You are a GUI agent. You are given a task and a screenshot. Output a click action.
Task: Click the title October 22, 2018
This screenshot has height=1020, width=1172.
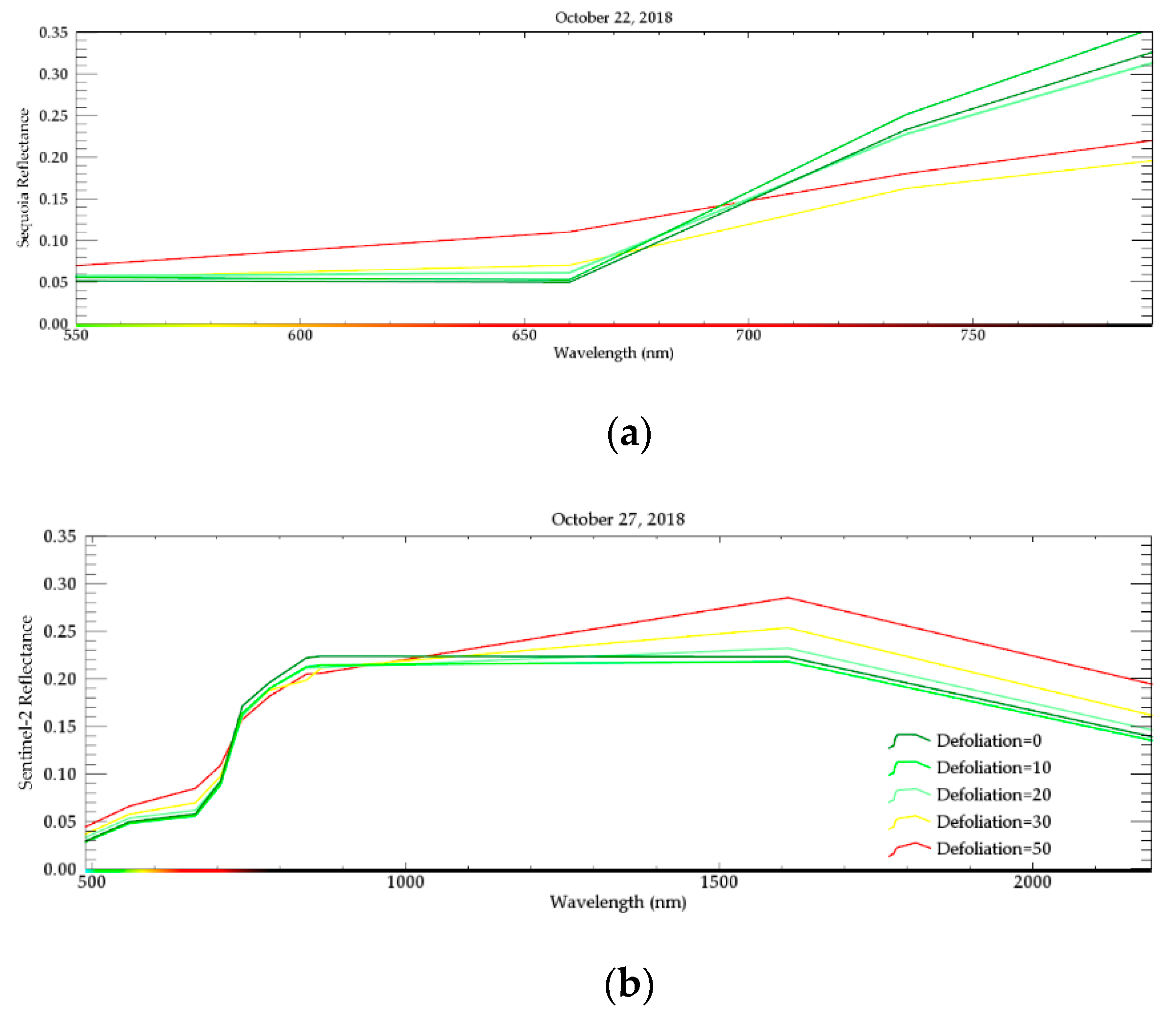pos(613,18)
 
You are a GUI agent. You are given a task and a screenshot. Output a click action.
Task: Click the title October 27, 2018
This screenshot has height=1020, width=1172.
pos(618,519)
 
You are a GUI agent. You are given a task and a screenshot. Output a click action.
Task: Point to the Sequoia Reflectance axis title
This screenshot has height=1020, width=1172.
pos(23,178)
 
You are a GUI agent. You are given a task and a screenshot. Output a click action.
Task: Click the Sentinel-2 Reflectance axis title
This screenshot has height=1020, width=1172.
pos(25,702)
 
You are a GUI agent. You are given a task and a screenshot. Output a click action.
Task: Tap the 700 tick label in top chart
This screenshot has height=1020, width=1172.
pos(748,336)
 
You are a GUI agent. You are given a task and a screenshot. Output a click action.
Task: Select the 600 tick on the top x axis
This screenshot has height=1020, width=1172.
pos(300,336)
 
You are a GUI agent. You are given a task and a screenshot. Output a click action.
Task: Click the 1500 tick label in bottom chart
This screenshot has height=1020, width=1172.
pos(719,882)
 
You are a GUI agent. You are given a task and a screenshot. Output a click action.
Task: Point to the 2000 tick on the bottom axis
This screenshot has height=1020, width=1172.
pos(1032,882)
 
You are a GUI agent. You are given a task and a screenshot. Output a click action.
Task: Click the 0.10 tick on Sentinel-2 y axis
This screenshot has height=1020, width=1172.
pos(59,774)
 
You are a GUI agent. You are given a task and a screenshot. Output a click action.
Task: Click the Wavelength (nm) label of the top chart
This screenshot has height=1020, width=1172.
pos(613,353)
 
